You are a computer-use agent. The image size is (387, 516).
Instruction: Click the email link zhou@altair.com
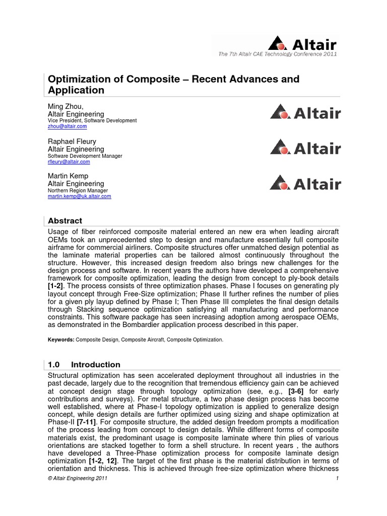[x=67, y=127]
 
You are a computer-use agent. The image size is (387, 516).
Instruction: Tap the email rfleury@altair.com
[x=69, y=162]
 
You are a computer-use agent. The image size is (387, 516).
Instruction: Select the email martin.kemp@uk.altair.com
[x=79, y=197]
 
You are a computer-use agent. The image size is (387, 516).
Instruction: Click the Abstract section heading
[x=64, y=221]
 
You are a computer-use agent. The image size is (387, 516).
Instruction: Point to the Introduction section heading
[x=95, y=364]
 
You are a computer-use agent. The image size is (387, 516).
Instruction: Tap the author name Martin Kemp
[x=69, y=176]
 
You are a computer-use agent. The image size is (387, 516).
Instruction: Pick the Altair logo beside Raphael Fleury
[x=305, y=148]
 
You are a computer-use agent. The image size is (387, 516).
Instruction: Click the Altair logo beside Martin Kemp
[x=305, y=182]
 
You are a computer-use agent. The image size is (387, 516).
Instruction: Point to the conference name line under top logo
[x=277, y=54]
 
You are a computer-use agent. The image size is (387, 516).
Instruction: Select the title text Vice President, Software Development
[x=92, y=120]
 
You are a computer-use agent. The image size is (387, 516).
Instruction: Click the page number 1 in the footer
[x=336, y=478]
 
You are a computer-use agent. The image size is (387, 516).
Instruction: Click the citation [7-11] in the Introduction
[x=87, y=422]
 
